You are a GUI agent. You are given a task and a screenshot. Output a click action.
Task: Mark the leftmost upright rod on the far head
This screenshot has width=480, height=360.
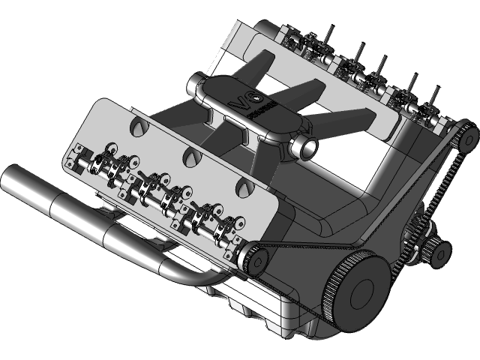[328, 34]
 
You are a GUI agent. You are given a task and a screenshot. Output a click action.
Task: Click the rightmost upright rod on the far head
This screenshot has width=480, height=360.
[433, 96]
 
